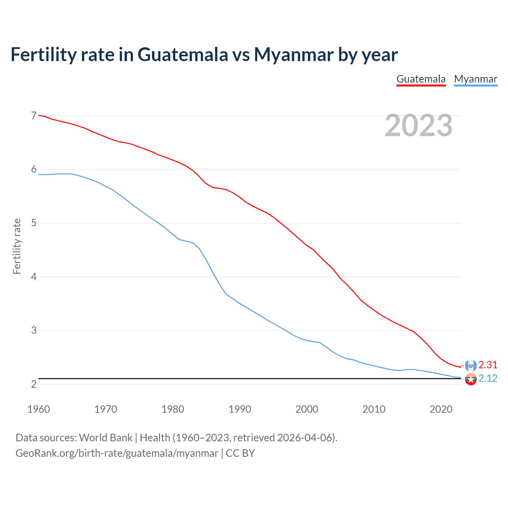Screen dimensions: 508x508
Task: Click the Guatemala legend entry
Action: click(x=421, y=79)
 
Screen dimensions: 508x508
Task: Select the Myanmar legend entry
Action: click(x=475, y=79)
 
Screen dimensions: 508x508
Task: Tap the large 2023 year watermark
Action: click(x=418, y=125)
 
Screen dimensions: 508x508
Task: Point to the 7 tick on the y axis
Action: click(x=34, y=115)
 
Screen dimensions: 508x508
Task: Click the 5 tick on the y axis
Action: click(x=34, y=223)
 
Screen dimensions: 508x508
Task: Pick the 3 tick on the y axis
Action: click(x=34, y=330)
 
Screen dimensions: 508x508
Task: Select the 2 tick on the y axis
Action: click(x=34, y=384)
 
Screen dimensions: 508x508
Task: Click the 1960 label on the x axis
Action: click(x=38, y=409)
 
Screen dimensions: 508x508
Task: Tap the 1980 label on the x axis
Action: click(x=173, y=409)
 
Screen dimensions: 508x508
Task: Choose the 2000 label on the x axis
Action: click(x=307, y=409)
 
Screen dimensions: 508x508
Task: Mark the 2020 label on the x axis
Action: click(x=441, y=409)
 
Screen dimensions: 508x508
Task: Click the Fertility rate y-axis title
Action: click(x=17, y=246)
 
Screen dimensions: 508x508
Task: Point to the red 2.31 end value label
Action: click(x=488, y=365)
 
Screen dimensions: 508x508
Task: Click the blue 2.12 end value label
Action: click(x=488, y=378)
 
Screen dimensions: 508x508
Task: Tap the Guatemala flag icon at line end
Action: click(x=471, y=366)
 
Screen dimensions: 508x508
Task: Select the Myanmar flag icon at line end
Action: click(x=471, y=379)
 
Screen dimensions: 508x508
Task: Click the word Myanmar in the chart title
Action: click(x=293, y=54)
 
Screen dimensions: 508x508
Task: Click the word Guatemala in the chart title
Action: click(x=183, y=54)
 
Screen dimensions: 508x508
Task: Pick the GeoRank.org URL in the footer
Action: click(x=117, y=453)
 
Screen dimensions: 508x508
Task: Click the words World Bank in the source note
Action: click(x=106, y=438)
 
